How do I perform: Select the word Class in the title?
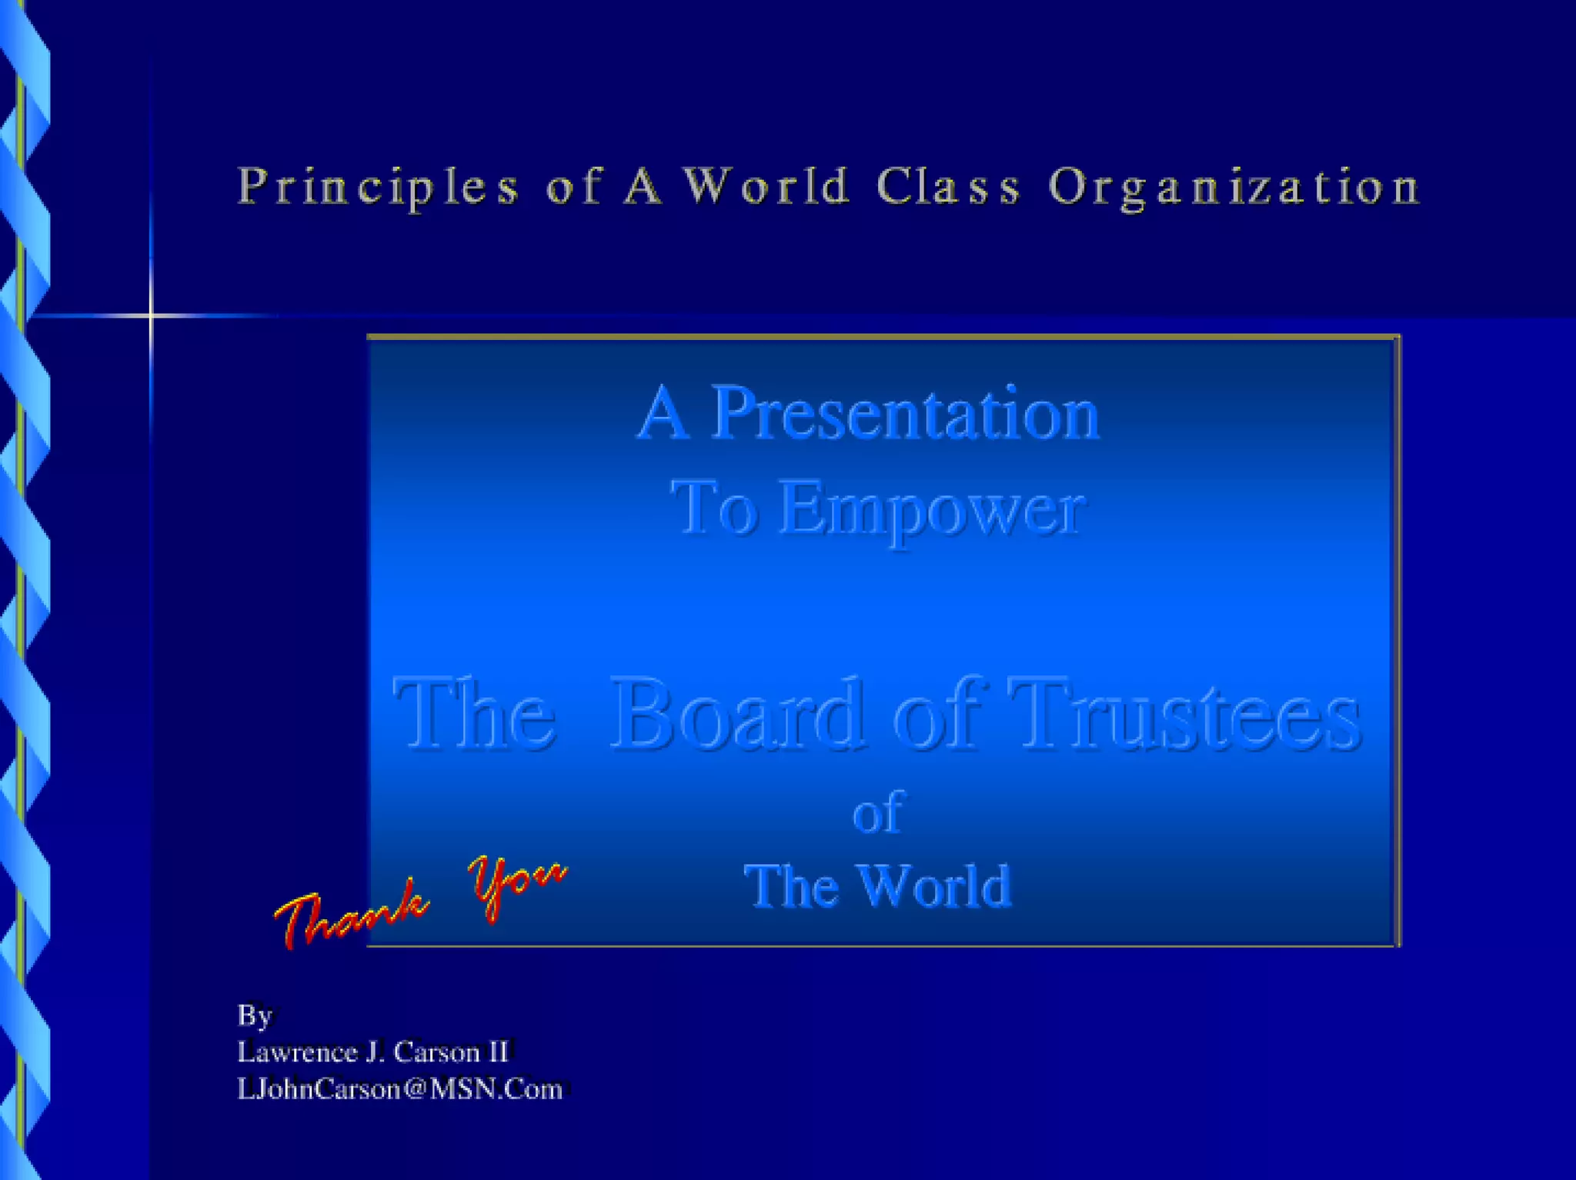(x=949, y=187)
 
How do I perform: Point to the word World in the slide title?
(x=767, y=187)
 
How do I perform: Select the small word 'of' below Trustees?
(x=876, y=812)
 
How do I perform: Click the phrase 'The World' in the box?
(x=877, y=885)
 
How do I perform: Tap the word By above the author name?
(x=255, y=1015)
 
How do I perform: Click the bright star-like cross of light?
(x=151, y=315)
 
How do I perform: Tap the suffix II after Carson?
(x=499, y=1052)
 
